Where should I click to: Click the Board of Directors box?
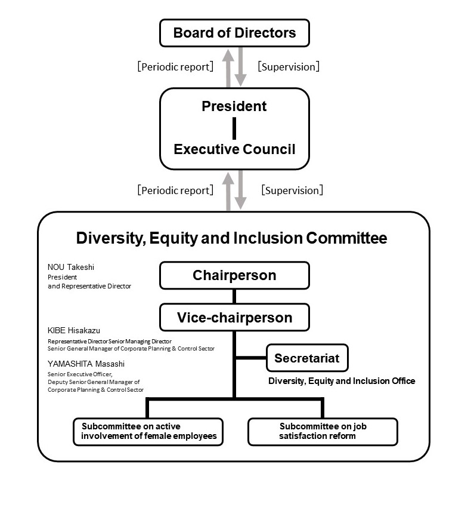click(234, 33)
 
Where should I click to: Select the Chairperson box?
click(234, 275)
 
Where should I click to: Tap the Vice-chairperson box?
click(234, 317)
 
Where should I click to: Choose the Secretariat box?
click(307, 358)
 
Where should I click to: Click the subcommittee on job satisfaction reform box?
click(323, 432)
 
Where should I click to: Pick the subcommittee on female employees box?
click(148, 432)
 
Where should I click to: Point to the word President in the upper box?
click(234, 106)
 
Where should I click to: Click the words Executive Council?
click(234, 149)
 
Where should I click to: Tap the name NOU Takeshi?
click(71, 267)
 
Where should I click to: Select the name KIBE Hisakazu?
click(73, 330)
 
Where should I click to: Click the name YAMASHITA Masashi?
click(86, 364)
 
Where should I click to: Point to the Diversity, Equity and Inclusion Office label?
click(342, 381)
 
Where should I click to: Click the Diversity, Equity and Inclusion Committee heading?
click(231, 238)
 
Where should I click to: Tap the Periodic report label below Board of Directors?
click(175, 67)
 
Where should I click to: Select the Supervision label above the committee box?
click(292, 190)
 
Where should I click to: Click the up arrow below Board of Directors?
click(228, 68)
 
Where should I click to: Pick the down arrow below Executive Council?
click(240, 190)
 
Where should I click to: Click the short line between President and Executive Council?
click(234, 128)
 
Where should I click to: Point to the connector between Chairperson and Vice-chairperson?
click(234, 296)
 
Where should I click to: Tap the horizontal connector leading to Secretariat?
click(251, 358)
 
